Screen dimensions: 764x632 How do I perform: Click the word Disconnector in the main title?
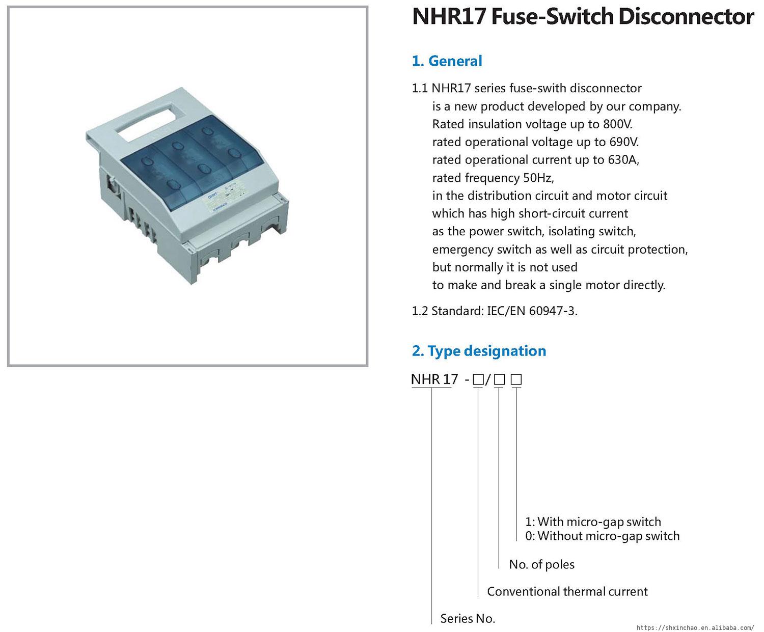[x=686, y=16]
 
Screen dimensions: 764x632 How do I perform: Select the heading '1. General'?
[x=447, y=61]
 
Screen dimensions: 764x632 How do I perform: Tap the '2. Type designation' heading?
[x=479, y=351]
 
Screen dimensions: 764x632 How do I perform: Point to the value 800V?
[x=618, y=124]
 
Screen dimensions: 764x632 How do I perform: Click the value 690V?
[x=624, y=142]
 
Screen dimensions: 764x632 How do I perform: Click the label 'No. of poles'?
[x=541, y=564]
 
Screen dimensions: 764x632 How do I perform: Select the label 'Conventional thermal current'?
[x=567, y=591]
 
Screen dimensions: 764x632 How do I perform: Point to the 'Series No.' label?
[x=468, y=618]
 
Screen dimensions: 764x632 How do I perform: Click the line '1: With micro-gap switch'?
[x=593, y=522]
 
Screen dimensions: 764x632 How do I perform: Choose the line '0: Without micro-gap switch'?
[x=602, y=536]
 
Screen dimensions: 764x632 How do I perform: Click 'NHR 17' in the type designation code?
[x=434, y=379]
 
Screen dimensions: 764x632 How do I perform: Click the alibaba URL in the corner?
[x=695, y=627]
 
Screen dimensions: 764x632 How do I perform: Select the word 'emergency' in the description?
[x=462, y=250]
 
